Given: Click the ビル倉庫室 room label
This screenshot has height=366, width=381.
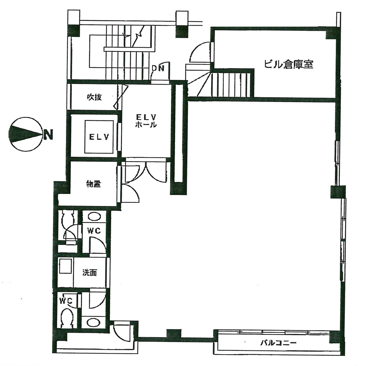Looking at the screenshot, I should click(289, 64).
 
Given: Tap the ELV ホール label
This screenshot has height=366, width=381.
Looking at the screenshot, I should click(146, 121).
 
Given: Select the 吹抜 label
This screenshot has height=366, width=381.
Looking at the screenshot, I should click(94, 97).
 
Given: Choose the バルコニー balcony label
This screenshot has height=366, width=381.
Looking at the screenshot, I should click(278, 343).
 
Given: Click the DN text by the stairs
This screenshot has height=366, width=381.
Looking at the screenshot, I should click(158, 68).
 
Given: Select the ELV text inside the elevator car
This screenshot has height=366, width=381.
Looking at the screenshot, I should click(99, 137).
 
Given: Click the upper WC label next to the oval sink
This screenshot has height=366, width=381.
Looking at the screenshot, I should click(94, 231).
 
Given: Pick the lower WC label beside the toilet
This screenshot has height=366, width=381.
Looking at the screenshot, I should click(65, 301).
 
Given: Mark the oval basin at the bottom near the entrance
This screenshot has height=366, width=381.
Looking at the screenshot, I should click(93, 322).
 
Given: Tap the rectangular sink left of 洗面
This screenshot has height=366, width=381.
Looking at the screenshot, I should click(65, 266).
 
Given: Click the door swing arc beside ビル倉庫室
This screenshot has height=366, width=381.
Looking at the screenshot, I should click(200, 53).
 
